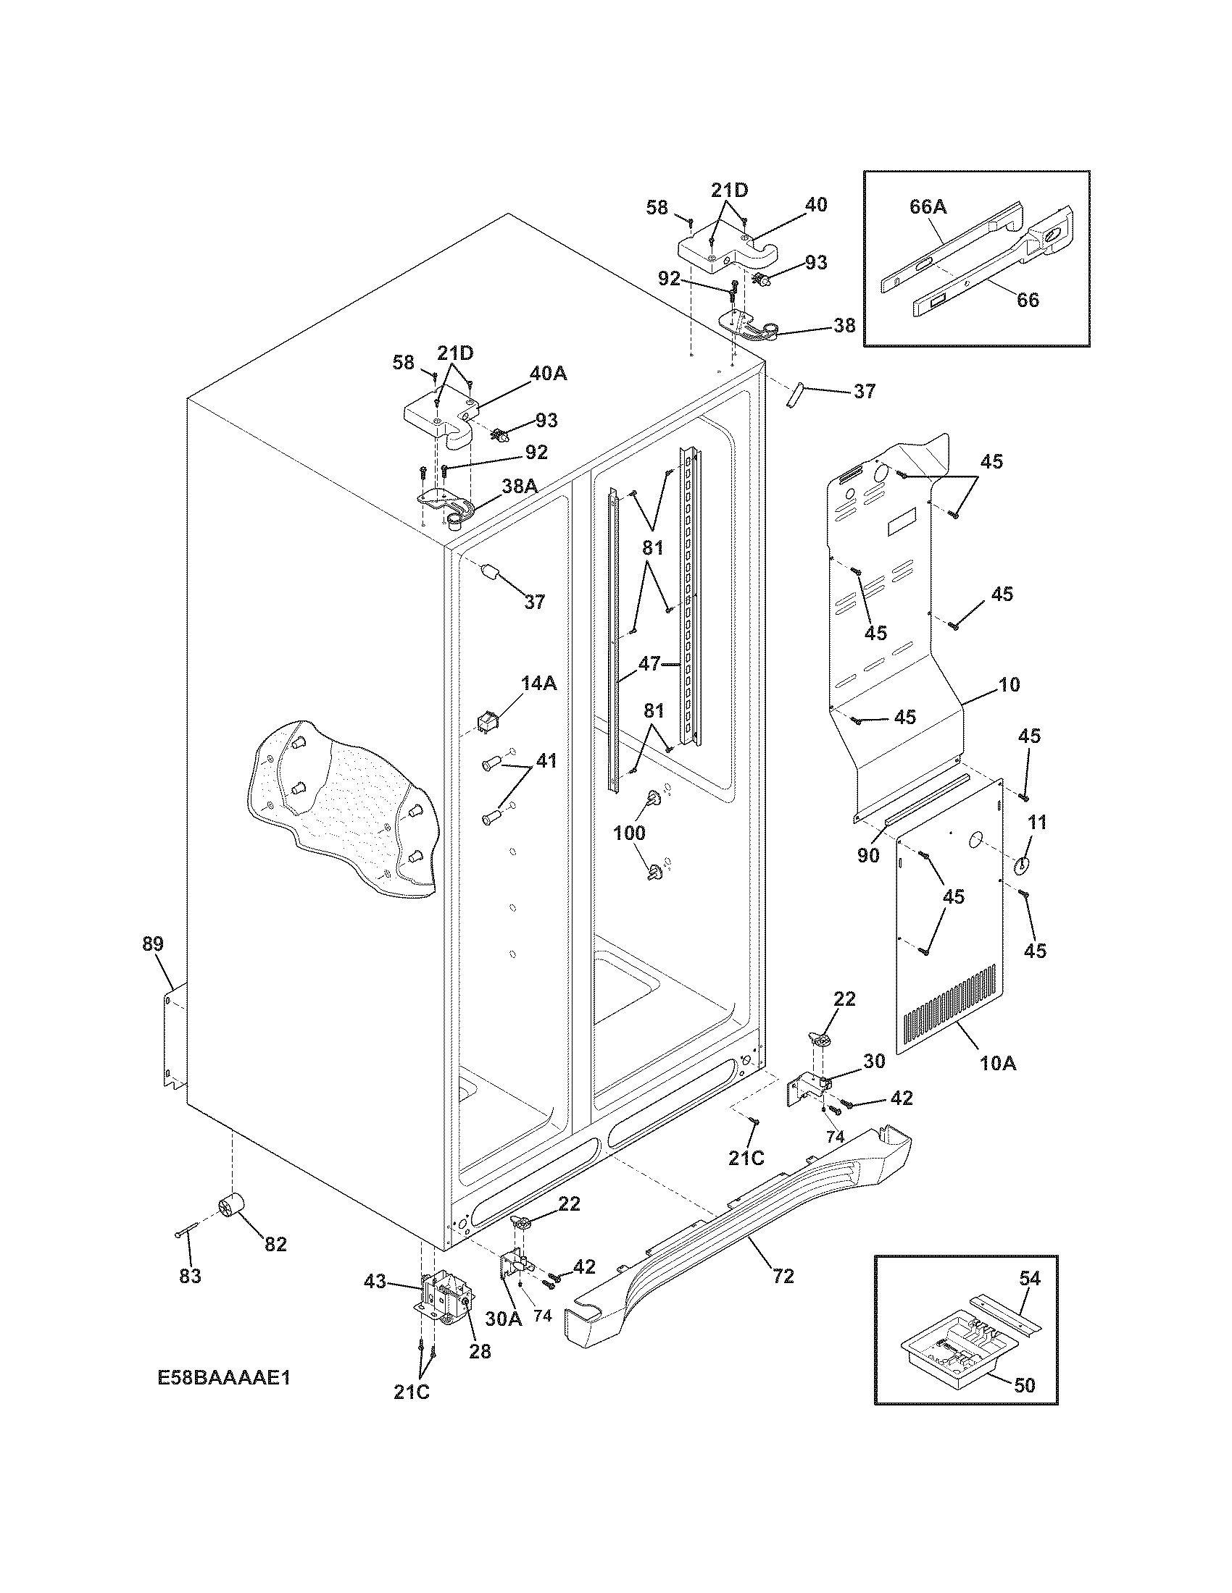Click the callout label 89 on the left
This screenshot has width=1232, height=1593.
click(153, 943)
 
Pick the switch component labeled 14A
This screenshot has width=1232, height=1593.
click(487, 721)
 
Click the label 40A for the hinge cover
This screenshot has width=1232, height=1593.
click(548, 374)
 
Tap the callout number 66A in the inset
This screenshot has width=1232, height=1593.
click(928, 207)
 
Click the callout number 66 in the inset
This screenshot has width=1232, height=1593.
click(1028, 300)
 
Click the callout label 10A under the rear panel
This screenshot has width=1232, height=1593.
click(997, 1064)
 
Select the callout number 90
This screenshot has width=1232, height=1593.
click(867, 855)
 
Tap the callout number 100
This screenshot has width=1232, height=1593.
click(629, 832)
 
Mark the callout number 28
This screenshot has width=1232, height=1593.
click(480, 1351)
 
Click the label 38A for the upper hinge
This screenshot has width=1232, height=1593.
click(519, 487)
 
